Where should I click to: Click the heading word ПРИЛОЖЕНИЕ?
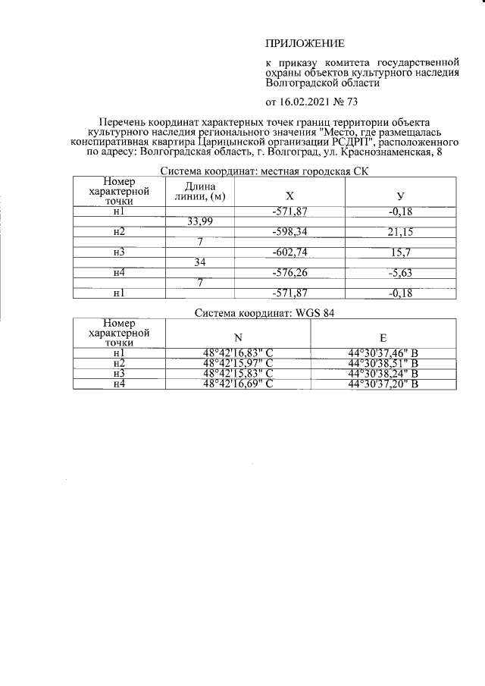coord(304,43)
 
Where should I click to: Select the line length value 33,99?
coord(200,221)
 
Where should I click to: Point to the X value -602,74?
coord(289,251)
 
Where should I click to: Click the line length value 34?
coord(200,262)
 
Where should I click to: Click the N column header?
coord(237,337)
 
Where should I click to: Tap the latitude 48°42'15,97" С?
coord(237,363)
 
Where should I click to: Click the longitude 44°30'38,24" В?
coord(382,374)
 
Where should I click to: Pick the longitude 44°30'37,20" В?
coord(382,384)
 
